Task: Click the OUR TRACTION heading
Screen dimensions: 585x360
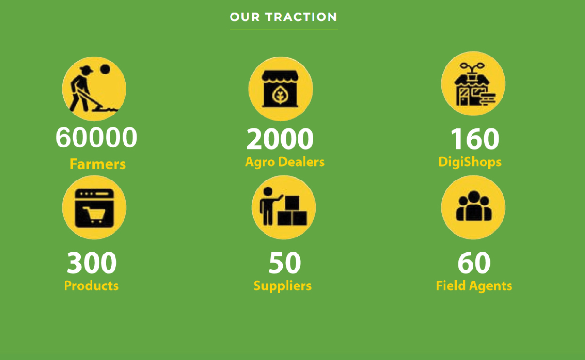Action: pos(283,17)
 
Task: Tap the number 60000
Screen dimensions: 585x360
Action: pos(96,137)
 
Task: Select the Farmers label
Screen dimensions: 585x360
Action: pos(98,164)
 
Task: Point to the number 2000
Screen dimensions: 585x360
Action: pos(280,139)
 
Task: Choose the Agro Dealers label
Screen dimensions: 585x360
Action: pos(285,162)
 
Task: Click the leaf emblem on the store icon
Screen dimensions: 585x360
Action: pos(280,95)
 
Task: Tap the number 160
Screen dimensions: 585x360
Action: pos(475,139)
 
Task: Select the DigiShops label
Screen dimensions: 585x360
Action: pos(470,162)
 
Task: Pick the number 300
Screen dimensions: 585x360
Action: pos(91,262)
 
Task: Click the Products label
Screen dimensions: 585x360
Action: pos(91,286)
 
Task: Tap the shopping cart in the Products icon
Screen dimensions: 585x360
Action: pos(95,214)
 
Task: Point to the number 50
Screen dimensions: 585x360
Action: pos(285,262)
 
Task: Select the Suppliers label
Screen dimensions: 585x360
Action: pos(282,286)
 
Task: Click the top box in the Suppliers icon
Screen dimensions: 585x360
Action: pos(292,203)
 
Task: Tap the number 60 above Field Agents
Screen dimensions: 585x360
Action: pos(474,262)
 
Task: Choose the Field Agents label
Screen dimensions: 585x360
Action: pos(474,286)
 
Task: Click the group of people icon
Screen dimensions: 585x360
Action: pos(474,206)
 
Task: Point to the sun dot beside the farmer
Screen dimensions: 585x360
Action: pos(105,69)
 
